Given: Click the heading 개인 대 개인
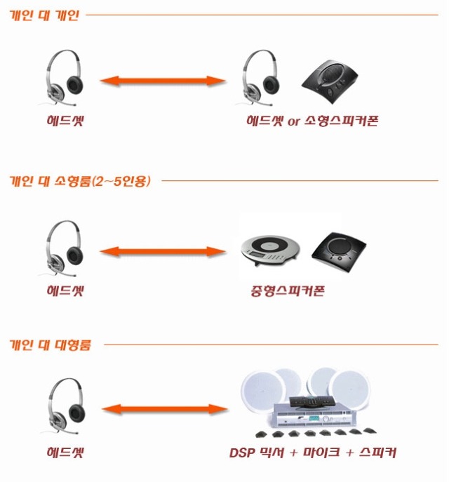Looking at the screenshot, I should [43, 15].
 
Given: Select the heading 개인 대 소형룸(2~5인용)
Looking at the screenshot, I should [79, 181].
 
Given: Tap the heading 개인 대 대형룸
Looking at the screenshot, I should [50, 345].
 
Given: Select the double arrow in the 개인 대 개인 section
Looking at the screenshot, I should [162, 82].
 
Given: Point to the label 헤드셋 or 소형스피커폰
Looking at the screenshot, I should [312, 121].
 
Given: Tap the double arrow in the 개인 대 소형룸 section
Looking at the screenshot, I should [162, 250].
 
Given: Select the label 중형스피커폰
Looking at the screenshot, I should [288, 290].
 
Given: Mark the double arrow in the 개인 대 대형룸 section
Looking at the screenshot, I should [162, 409].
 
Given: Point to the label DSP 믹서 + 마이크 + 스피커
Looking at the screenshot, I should [312, 454].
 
